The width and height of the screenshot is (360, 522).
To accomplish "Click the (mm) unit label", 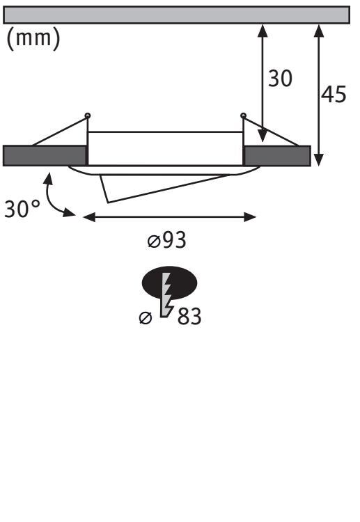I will (x=33, y=39).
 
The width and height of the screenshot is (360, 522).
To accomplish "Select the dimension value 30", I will (x=281, y=79).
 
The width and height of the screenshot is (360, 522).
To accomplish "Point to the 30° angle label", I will (x=22, y=209).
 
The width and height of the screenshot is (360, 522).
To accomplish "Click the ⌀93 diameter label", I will (x=167, y=241).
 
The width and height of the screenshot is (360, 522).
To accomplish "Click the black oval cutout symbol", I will (x=170, y=283).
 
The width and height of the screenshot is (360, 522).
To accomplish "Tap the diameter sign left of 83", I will (x=145, y=318).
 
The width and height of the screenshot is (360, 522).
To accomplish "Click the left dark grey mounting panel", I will (x=45, y=156).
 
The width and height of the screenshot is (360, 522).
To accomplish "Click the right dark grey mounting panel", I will (x=276, y=156).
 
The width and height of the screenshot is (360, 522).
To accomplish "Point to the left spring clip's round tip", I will (x=87, y=115).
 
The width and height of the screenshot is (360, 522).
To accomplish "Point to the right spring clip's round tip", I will (x=243, y=115).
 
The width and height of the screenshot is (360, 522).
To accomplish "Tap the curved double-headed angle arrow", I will (x=54, y=196).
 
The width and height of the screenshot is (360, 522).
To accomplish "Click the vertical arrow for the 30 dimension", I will (x=263, y=84).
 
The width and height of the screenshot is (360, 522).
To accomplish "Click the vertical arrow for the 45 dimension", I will (x=318, y=94).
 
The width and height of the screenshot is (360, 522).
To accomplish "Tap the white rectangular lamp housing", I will (x=165, y=148).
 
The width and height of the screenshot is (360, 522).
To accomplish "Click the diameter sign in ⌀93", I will (x=154, y=242).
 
